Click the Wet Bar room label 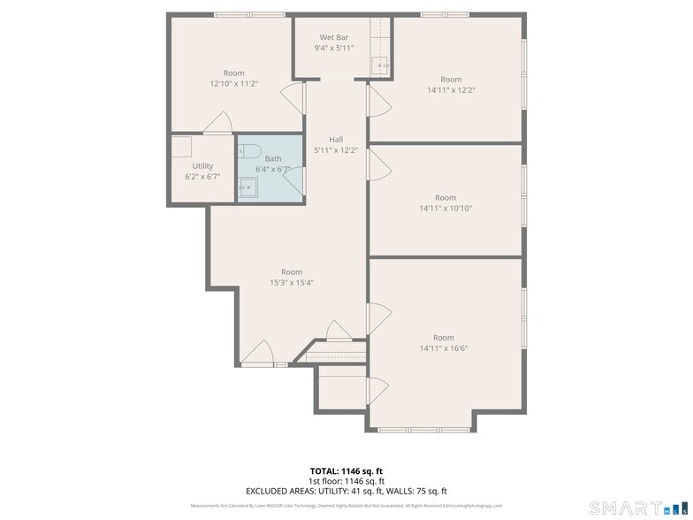[334, 37]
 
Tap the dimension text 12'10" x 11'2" [233, 84]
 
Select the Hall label [336, 139]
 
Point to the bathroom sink [248, 186]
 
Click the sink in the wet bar [384, 65]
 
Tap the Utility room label [202, 165]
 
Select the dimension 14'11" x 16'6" [443, 348]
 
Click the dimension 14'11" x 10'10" [445, 209]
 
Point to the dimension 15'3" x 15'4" [291, 283]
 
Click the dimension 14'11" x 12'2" [451, 90]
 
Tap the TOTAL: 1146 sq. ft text [346, 471]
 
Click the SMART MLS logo [628, 507]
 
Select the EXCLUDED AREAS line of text [346, 491]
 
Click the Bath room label [273, 158]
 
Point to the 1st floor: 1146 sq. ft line [346, 481]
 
